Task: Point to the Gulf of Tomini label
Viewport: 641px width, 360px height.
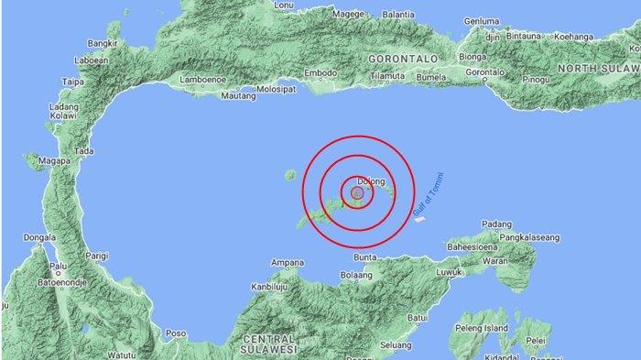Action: (x=429, y=195)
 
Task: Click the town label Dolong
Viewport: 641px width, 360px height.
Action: (x=369, y=181)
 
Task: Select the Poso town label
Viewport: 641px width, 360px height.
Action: (x=175, y=333)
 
